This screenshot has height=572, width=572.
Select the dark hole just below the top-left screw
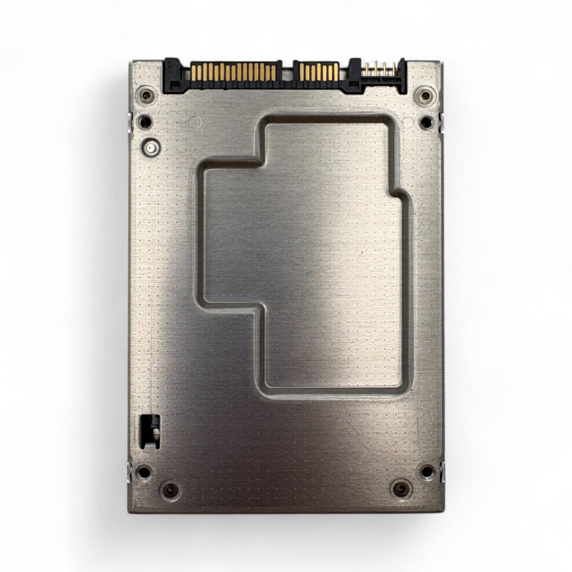(145, 123)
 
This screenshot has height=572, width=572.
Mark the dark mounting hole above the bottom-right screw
(426, 471)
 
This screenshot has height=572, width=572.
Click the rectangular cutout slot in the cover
(150, 430)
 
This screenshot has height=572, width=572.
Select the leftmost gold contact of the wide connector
(194, 72)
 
